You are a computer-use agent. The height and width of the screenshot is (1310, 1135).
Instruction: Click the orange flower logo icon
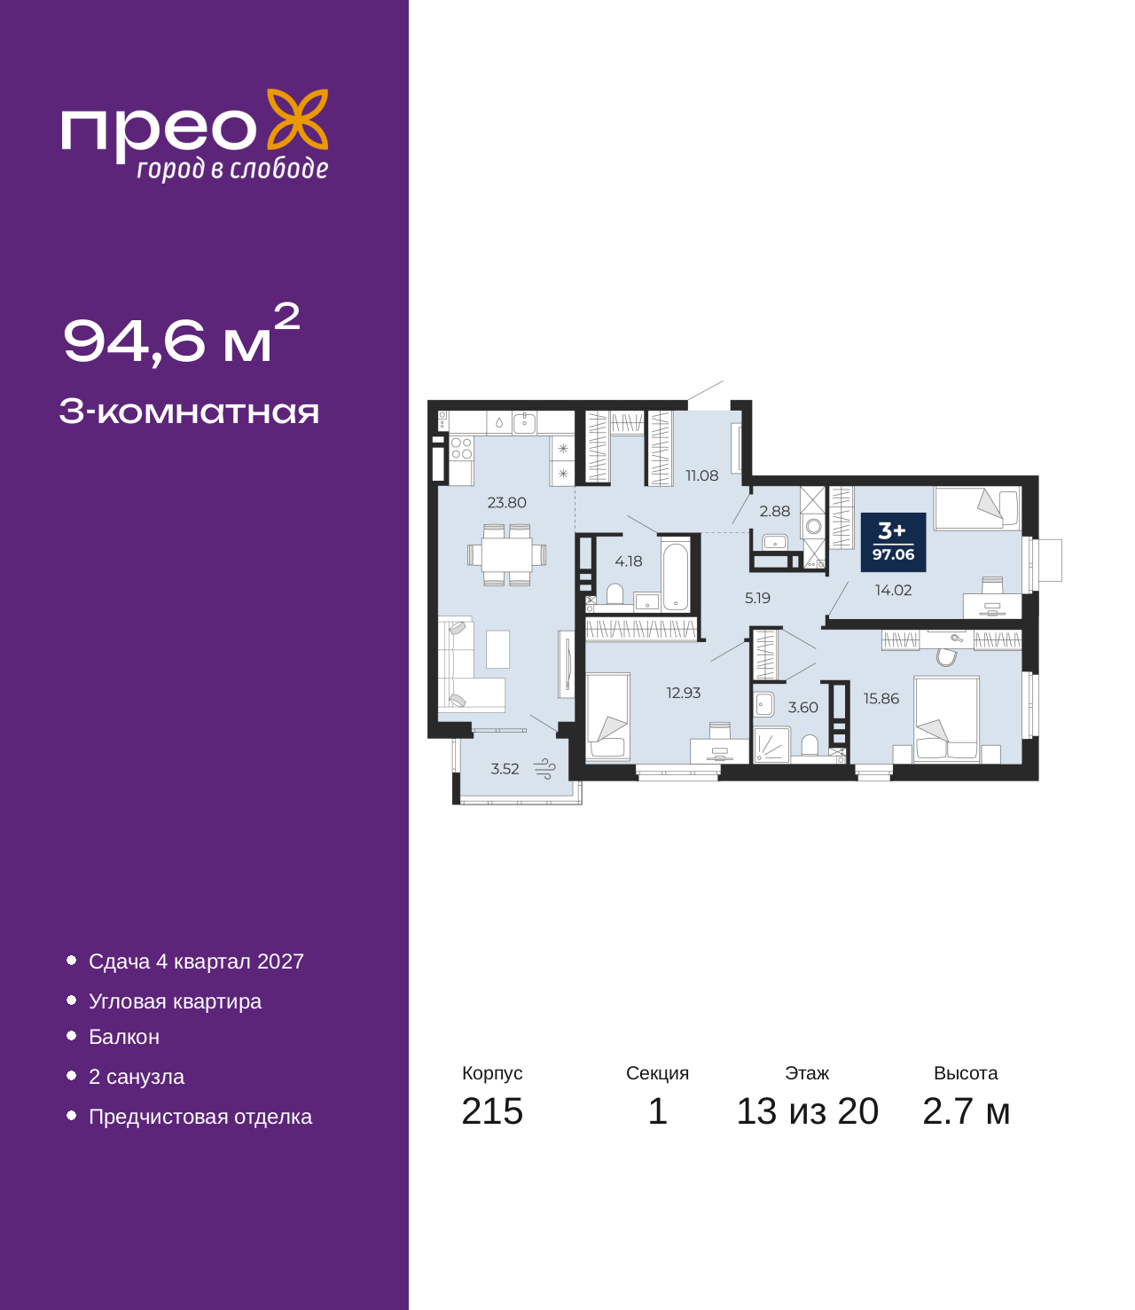297,119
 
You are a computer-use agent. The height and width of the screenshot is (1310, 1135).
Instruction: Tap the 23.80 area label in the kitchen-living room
506,503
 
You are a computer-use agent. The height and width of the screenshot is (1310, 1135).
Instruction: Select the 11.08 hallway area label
701,475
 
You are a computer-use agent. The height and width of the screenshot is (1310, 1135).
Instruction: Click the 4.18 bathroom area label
628,561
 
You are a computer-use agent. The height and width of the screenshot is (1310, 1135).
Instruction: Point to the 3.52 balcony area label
505,769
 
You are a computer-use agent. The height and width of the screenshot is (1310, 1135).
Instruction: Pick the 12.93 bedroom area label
683,693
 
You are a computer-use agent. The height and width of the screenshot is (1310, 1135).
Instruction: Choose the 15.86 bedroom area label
881,698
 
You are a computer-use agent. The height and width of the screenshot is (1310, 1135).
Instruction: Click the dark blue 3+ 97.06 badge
893,542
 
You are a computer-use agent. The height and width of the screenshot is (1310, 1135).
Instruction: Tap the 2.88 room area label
774,511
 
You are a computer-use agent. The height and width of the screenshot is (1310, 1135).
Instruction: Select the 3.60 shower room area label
803,707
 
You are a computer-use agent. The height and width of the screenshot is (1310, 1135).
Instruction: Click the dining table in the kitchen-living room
506,554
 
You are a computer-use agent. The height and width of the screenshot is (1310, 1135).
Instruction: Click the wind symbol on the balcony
544,769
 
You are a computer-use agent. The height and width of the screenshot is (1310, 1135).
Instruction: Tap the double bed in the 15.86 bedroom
946,719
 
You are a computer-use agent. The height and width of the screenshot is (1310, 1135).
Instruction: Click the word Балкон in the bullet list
124,1036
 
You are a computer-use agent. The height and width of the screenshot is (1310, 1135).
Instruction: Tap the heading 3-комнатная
189,412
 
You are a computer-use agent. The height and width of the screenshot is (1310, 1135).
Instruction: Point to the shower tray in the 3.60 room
771,745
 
